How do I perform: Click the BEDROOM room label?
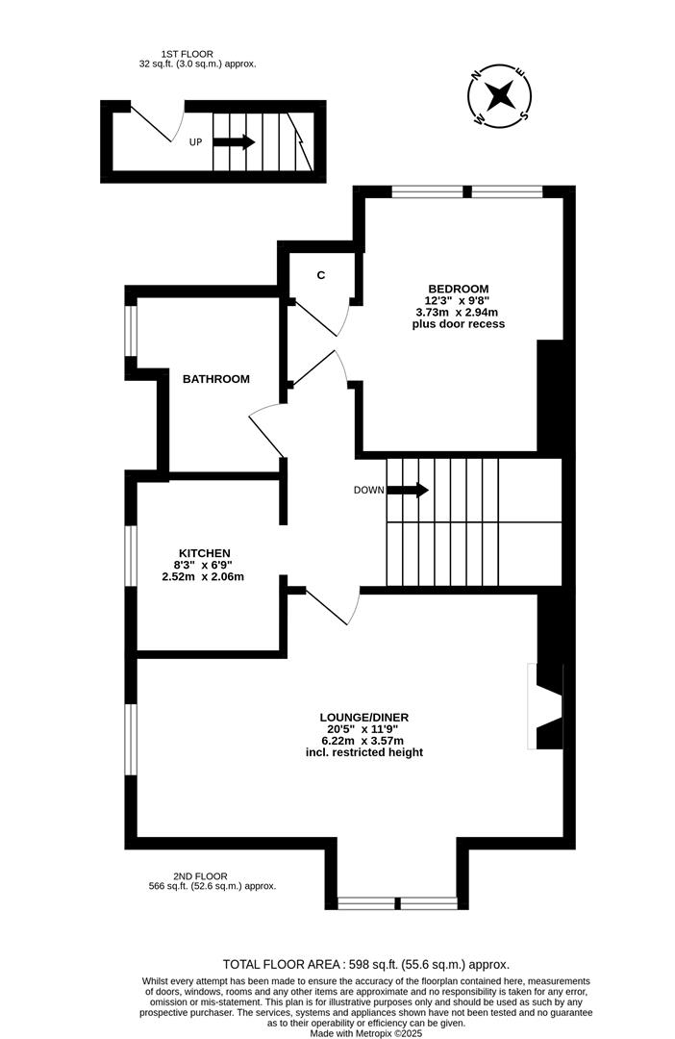tap(458, 289)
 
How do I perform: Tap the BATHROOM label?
tap(216, 379)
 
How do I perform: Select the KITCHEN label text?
tap(204, 553)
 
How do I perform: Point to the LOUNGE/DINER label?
tap(359, 717)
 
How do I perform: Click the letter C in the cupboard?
tap(321, 276)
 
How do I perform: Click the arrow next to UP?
tap(234, 142)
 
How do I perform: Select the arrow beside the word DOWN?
tap(408, 490)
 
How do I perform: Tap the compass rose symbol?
tap(499, 95)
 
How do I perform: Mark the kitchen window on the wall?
tap(132, 556)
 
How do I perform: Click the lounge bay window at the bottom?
tap(396, 903)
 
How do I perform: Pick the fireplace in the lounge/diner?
tap(542, 706)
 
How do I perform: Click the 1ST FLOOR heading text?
tap(187, 54)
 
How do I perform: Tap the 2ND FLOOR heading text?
tap(200, 875)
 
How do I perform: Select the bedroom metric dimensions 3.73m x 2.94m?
tap(458, 313)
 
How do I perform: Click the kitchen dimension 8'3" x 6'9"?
tap(204, 566)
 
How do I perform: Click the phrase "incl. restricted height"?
tap(359, 752)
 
